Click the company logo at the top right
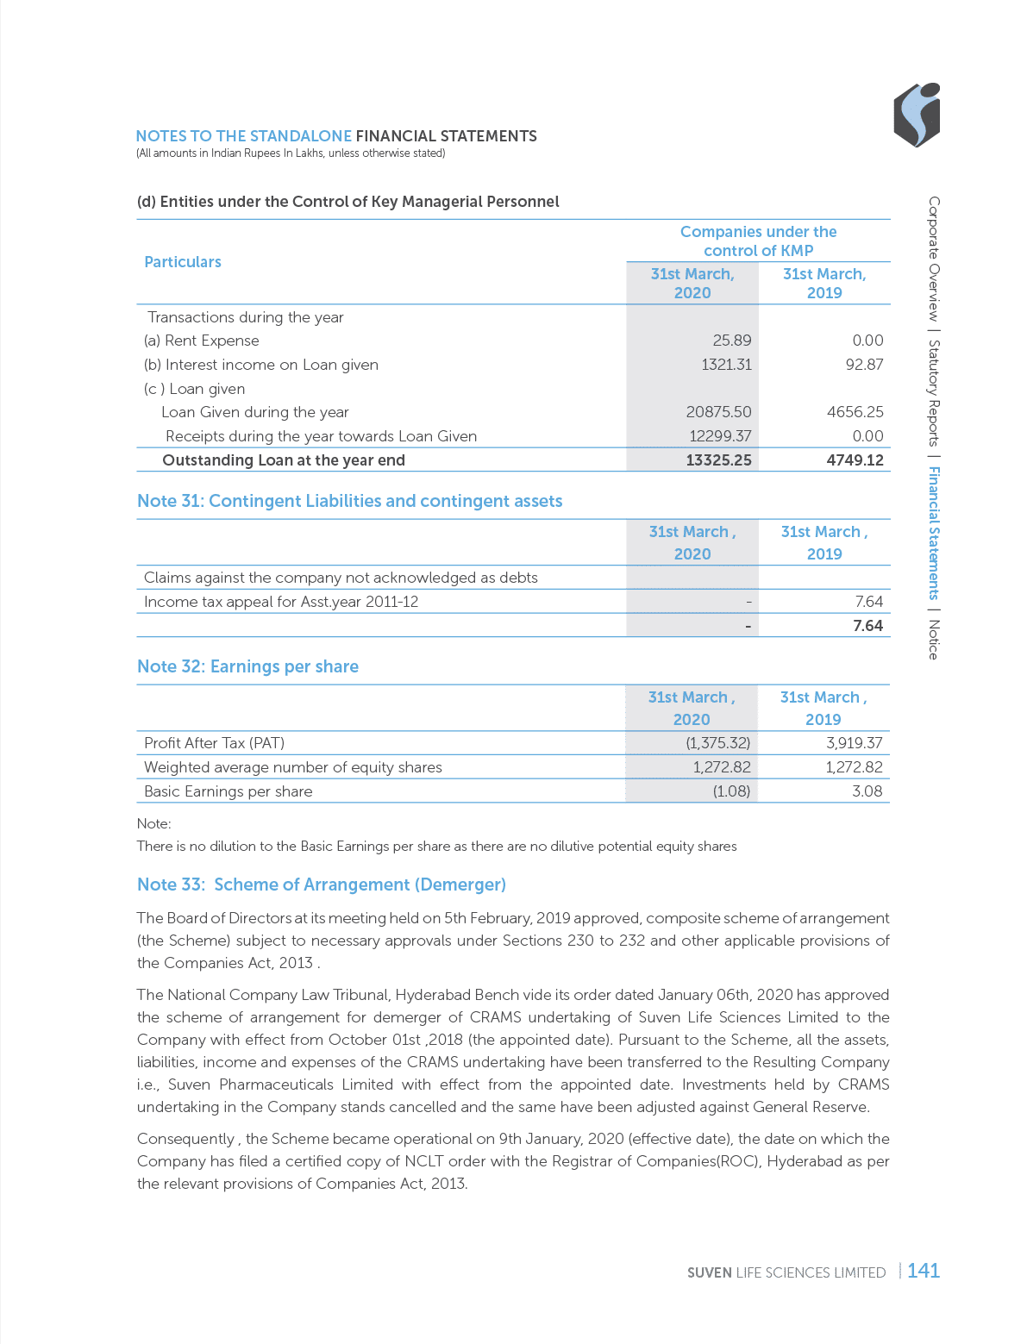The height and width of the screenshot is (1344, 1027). pos(916,115)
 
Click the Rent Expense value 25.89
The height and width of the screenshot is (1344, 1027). pos(732,341)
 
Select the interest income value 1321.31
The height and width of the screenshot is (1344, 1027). pos(726,365)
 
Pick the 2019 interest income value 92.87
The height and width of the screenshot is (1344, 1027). pos(864,365)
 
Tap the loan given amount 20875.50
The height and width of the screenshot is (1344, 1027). pos(718,412)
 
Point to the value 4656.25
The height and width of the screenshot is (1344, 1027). pos(855,412)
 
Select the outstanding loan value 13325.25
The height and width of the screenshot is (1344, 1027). pos(718,460)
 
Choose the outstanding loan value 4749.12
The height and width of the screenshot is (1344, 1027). pos(855,460)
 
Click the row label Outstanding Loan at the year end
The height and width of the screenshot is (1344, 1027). pos(283,460)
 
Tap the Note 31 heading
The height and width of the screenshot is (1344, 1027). pos(349,501)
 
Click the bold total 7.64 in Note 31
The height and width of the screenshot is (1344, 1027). pos(867,626)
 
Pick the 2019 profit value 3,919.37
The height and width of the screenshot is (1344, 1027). pos(854,743)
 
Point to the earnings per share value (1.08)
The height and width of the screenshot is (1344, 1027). pos(730,791)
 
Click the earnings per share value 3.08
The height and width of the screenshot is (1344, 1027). pos(867,791)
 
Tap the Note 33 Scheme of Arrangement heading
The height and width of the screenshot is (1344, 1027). pos(321,885)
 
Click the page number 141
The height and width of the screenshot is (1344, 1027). pos(923,1271)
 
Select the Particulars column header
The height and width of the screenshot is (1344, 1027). pos(182,262)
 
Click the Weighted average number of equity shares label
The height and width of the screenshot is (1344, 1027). pos(292,767)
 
